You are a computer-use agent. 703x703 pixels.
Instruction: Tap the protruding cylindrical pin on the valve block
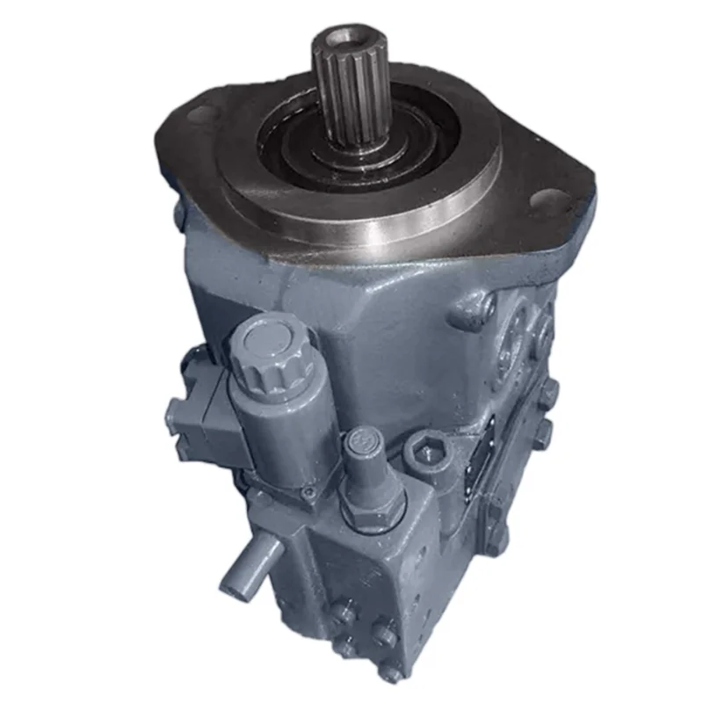pyautogui.click(x=247, y=567)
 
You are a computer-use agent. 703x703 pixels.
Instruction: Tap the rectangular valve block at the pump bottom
pyautogui.click(x=351, y=598)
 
